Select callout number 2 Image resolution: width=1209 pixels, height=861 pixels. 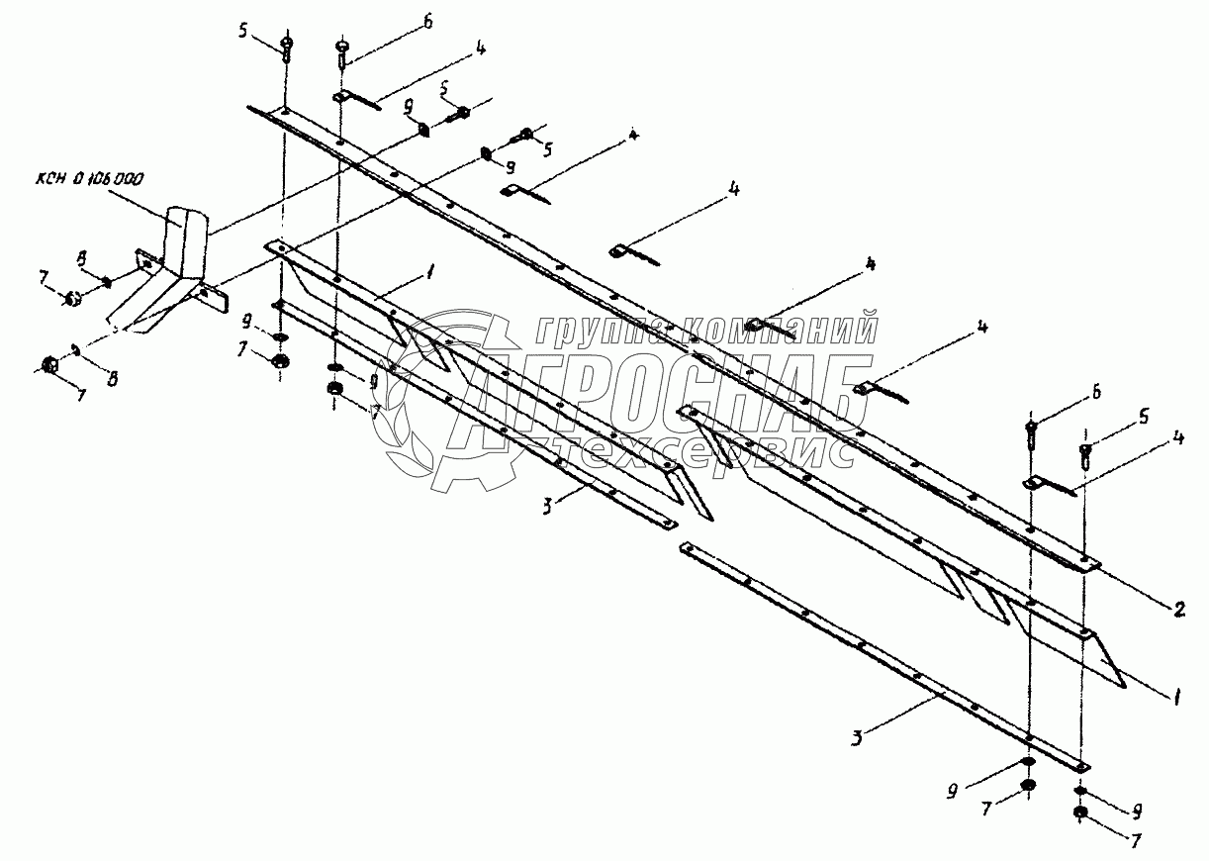click(1178, 611)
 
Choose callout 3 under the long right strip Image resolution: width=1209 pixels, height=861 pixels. click(859, 738)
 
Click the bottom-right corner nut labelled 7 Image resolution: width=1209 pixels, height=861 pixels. click(1080, 814)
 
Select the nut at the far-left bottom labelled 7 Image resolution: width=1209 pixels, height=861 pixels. click(50, 365)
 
